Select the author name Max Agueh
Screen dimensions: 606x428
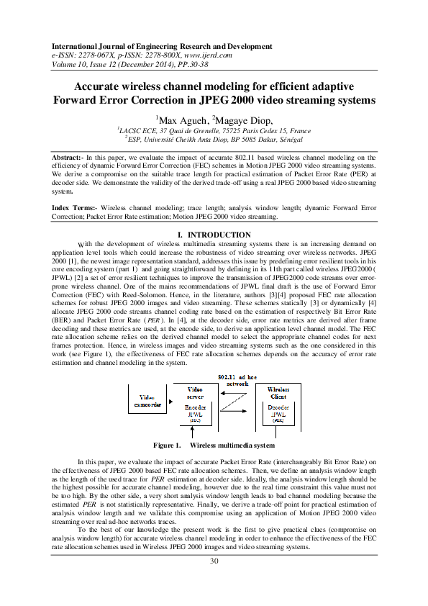click(x=176, y=119)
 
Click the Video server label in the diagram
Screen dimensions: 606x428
click(x=195, y=392)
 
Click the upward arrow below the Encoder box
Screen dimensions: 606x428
click(x=193, y=433)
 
